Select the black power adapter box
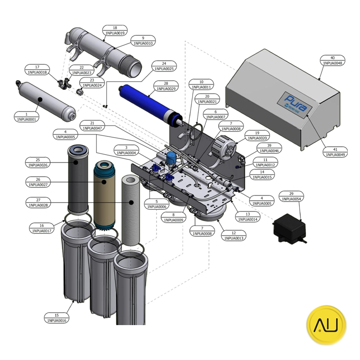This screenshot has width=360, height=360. [x=289, y=228]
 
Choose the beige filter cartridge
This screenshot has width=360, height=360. [x=104, y=195]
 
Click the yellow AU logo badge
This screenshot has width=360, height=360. [x=326, y=325]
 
